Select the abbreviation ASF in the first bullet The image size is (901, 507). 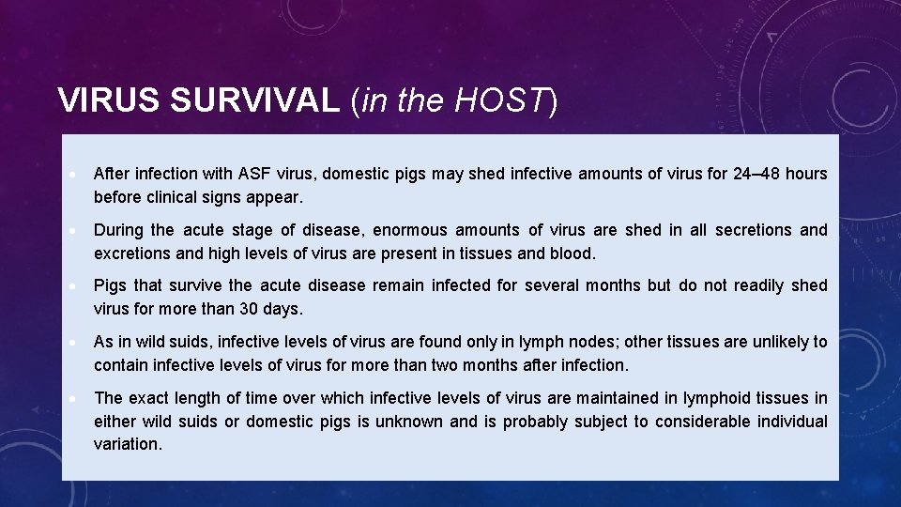pyautogui.click(x=254, y=174)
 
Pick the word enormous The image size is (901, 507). pyautogui.click(x=414, y=230)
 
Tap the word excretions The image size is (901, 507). pyautogui.click(x=131, y=253)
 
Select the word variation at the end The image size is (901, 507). pyautogui.click(x=128, y=445)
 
